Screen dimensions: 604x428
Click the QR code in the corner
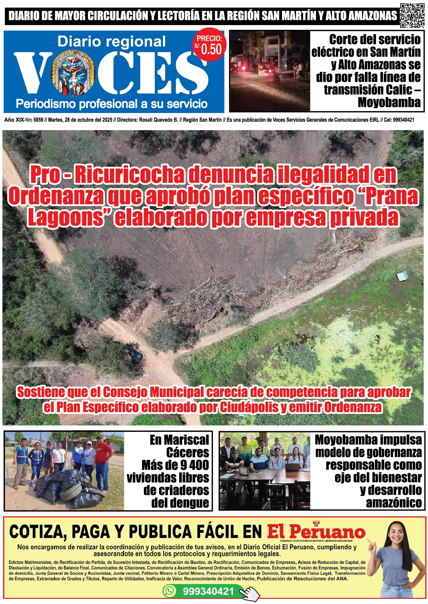tap(412, 15)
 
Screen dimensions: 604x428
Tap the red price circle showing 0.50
tap(210, 46)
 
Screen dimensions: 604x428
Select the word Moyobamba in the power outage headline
tap(389, 103)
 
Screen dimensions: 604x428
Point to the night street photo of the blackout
tap(270, 71)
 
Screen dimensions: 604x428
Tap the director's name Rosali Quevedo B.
tap(158, 120)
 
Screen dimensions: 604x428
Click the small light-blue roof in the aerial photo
tap(402, 276)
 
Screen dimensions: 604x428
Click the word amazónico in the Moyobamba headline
tap(394, 503)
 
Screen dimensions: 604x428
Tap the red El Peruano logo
tap(316, 532)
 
